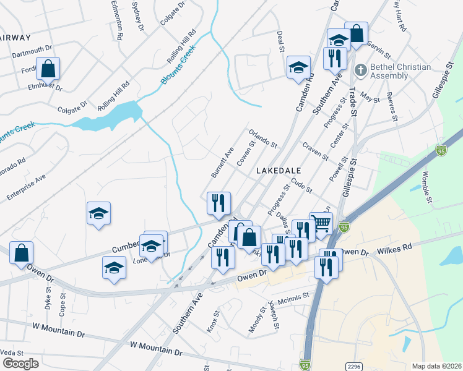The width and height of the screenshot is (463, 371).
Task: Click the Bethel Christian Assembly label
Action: (x=389, y=71)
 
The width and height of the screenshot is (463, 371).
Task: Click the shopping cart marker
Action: (x=321, y=224)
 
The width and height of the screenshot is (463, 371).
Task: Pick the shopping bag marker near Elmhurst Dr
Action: (x=48, y=69)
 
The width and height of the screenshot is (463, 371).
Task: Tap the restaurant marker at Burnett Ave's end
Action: (x=218, y=203)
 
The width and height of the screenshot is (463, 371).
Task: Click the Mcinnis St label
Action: (x=293, y=298)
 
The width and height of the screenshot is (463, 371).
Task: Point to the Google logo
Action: (x=20, y=363)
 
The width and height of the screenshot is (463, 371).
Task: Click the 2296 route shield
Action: (x=353, y=366)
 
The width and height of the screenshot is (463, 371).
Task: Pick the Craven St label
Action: (x=315, y=151)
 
